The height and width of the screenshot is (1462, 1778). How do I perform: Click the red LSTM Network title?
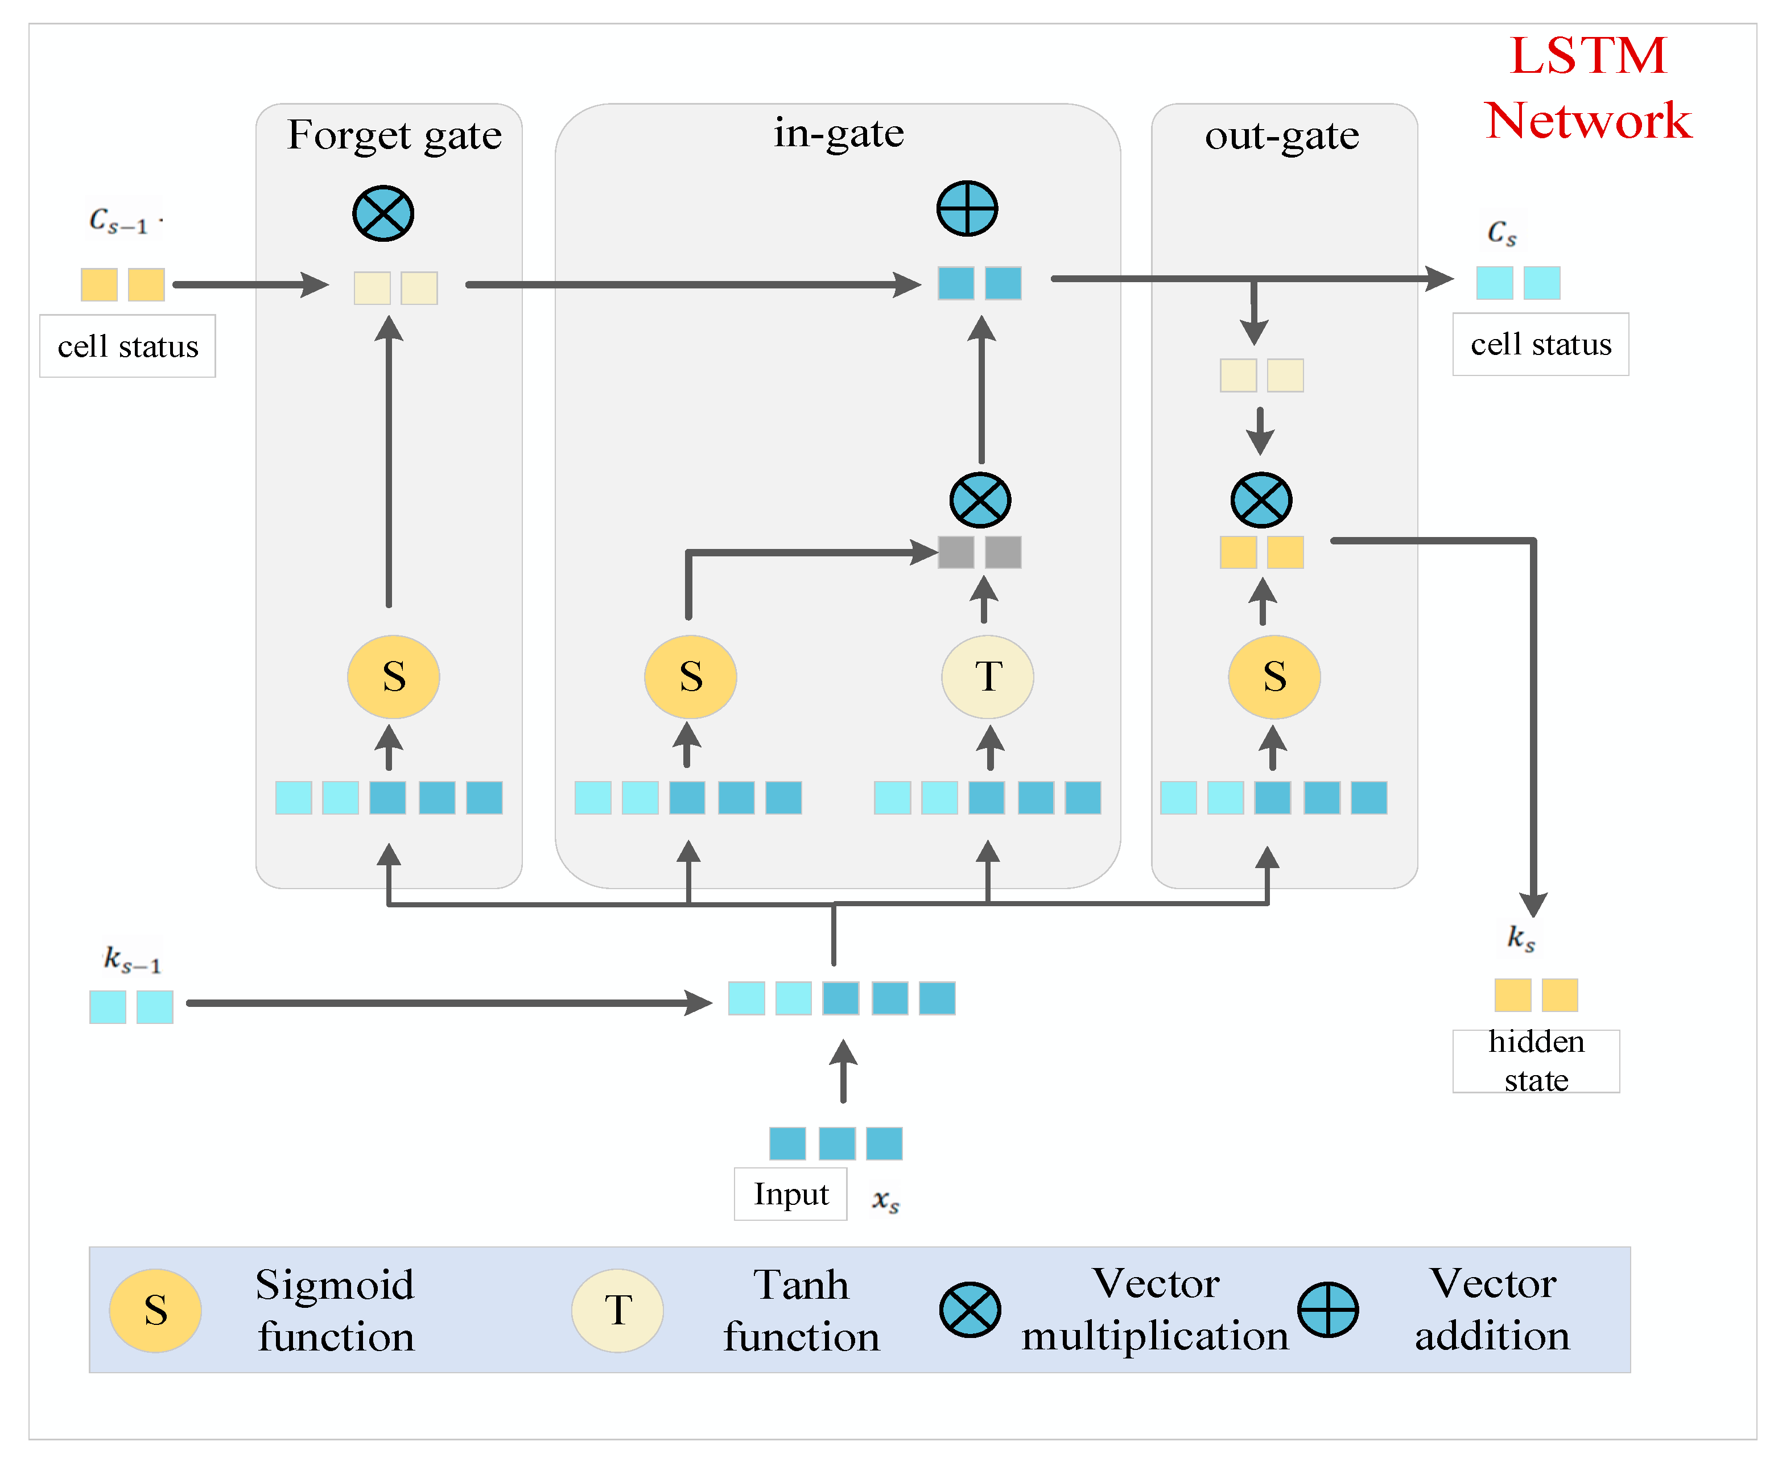point(1587,88)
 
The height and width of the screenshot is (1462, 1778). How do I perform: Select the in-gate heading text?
point(838,133)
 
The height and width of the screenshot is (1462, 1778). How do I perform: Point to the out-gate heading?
point(1281,135)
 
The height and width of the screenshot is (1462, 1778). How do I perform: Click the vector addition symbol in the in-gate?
point(967,208)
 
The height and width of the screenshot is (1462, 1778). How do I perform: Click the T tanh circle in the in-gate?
point(987,676)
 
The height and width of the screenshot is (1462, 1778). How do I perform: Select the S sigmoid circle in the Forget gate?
point(393,676)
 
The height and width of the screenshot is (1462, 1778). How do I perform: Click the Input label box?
point(790,1193)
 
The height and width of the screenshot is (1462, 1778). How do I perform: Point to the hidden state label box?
point(1536,1061)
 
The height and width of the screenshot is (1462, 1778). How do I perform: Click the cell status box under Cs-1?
point(127,346)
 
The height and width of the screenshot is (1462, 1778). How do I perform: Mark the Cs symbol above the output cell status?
point(1501,232)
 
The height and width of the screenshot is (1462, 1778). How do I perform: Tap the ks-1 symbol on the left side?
point(130,959)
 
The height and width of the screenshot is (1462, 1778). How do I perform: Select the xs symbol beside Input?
point(885,1199)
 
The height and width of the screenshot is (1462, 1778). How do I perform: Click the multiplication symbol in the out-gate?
point(1261,499)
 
